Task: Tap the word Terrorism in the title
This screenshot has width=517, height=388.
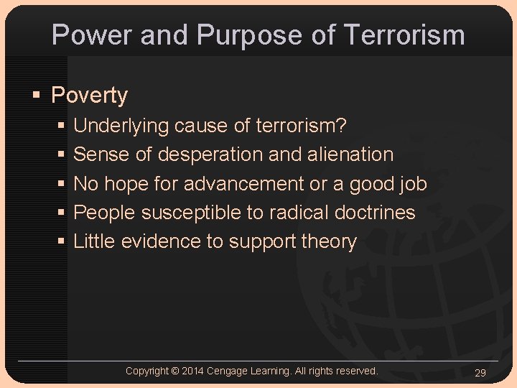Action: click(404, 34)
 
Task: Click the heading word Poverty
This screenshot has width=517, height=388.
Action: click(90, 96)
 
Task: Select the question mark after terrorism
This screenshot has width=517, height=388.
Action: click(342, 126)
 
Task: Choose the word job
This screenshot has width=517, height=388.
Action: click(413, 184)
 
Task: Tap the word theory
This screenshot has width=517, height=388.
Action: click(329, 242)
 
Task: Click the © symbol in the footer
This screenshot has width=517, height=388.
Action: click(176, 371)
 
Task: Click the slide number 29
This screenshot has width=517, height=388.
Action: click(480, 372)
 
